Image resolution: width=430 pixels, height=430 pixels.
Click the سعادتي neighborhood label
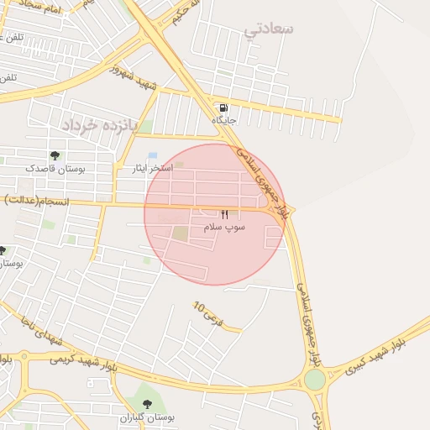click(x=269, y=29)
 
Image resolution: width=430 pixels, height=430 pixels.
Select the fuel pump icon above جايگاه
click(x=222, y=107)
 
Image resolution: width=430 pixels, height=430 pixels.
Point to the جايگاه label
click(x=224, y=121)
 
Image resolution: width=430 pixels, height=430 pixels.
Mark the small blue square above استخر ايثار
click(x=152, y=155)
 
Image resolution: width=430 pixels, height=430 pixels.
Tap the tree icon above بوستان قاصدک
click(x=55, y=155)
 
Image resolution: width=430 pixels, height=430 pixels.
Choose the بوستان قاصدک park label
click(x=55, y=169)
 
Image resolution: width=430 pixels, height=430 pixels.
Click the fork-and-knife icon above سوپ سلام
click(x=224, y=215)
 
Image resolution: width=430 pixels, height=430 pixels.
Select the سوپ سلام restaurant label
click(x=224, y=228)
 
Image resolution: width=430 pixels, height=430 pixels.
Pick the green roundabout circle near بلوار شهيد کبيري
click(x=315, y=380)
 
